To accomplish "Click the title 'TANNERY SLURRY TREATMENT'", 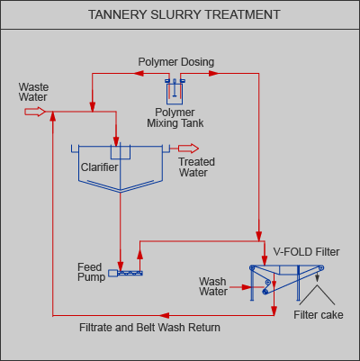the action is (x=184, y=14).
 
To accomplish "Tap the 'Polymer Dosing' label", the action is (x=176, y=62).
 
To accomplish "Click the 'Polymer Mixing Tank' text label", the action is (x=175, y=118).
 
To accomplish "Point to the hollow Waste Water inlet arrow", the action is (x=35, y=112).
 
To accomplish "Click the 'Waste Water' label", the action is (x=33, y=92).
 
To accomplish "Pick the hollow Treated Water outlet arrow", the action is (x=188, y=149).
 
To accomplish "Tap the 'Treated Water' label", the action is (x=196, y=167).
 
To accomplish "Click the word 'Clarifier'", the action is (x=99, y=167).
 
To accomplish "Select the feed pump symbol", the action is (x=125, y=273).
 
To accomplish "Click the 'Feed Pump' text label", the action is (x=91, y=272).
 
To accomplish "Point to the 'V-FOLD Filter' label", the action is (x=306, y=252).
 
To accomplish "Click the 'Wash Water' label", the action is (x=213, y=286).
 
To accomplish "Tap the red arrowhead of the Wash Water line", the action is (x=247, y=287).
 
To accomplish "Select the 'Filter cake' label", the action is (x=319, y=315).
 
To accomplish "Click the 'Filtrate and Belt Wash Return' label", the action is (x=149, y=328).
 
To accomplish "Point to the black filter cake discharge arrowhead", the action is (x=317, y=278).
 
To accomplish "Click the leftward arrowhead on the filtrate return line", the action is (x=164, y=315).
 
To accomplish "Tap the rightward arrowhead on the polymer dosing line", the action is (x=213, y=73).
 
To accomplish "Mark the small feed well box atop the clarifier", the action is (x=121, y=152).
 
